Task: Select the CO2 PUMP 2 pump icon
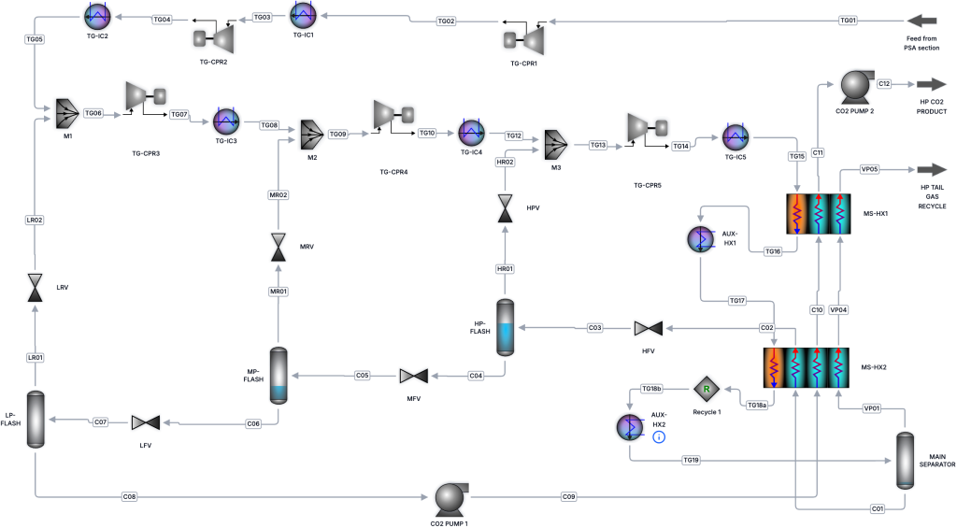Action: [x=855, y=85]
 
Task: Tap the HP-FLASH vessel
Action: [x=505, y=327]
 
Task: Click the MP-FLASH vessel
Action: [x=279, y=375]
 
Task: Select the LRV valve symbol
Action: [x=36, y=287]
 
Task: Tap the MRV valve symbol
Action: [x=279, y=247]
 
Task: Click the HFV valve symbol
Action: [x=648, y=328]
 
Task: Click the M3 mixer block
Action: [x=556, y=145]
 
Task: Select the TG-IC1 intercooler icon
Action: [x=304, y=16]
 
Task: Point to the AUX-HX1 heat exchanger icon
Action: [x=700, y=238]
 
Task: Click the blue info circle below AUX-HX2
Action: [x=658, y=437]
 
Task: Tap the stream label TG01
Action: [x=848, y=21]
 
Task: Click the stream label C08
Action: [x=129, y=496]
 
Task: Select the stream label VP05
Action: [x=870, y=169]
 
